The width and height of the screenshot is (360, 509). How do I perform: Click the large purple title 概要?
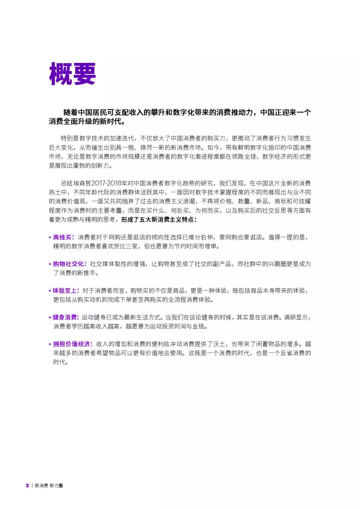coord(72,74)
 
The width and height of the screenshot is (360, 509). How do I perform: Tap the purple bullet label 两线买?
coord(62,237)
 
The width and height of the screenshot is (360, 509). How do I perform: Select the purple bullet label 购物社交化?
coord(68,264)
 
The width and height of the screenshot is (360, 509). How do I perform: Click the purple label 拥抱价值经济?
coord(71,344)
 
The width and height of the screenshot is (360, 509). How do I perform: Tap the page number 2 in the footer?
coord(27,485)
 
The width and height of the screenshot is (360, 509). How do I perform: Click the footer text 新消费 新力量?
coord(49,485)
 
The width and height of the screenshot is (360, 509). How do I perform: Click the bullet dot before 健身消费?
coord(50,317)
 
